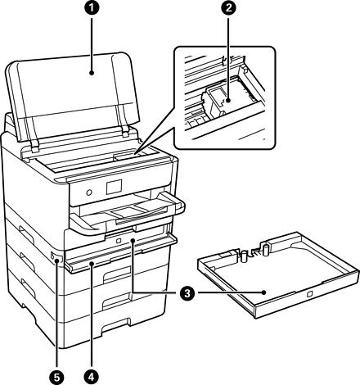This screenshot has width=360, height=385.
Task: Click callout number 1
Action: click(92, 7)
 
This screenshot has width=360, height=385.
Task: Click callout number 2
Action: click(228, 7)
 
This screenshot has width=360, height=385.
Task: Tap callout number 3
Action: click(187, 293)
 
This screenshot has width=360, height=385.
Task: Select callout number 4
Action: click(92, 378)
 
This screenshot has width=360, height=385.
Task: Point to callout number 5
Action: click(56, 378)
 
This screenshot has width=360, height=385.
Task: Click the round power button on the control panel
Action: click(89, 192)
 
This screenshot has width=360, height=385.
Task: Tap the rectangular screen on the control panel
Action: click(114, 187)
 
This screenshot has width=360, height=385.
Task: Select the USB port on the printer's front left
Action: click(52, 256)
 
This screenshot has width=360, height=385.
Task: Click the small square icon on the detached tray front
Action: click(309, 294)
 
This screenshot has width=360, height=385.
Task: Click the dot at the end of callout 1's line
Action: click(92, 73)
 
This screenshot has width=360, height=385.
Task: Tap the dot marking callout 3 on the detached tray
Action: click(263, 292)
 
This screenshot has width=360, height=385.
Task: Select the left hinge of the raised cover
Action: click(34, 148)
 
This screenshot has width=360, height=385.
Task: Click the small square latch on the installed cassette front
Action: click(119, 241)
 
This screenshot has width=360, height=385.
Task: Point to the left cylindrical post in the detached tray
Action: click(245, 256)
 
